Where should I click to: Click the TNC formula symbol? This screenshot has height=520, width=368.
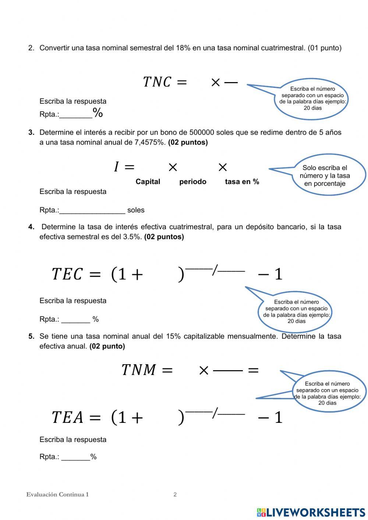pyautogui.click(x=157, y=82)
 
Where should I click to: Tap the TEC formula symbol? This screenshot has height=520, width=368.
pyautogui.click(x=67, y=274)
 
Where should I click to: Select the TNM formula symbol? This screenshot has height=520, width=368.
pyautogui.click(x=139, y=370)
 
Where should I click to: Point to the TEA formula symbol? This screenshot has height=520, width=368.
pyautogui.click(x=67, y=417)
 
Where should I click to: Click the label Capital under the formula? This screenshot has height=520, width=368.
pyautogui.click(x=148, y=181)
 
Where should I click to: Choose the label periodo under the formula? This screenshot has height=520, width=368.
pyautogui.click(x=192, y=181)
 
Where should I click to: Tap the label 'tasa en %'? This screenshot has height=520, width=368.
pyautogui.click(x=242, y=181)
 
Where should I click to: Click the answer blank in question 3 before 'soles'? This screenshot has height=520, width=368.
pyautogui.click(x=92, y=210)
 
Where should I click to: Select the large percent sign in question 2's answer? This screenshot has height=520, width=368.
pyautogui.click(x=98, y=113)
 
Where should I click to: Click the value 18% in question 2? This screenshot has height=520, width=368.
pyautogui.click(x=183, y=48)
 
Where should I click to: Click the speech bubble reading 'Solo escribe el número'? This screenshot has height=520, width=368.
pyautogui.click(x=325, y=176)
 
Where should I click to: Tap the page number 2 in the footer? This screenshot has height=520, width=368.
pyautogui.click(x=175, y=495)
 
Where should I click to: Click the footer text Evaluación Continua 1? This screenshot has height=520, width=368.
pyautogui.click(x=57, y=495)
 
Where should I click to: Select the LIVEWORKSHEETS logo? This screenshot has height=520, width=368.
pyautogui.click(x=311, y=512)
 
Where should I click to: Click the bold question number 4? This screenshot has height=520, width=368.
pyautogui.click(x=31, y=227)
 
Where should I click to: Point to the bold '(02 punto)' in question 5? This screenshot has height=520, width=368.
pyautogui.click(x=107, y=346)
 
